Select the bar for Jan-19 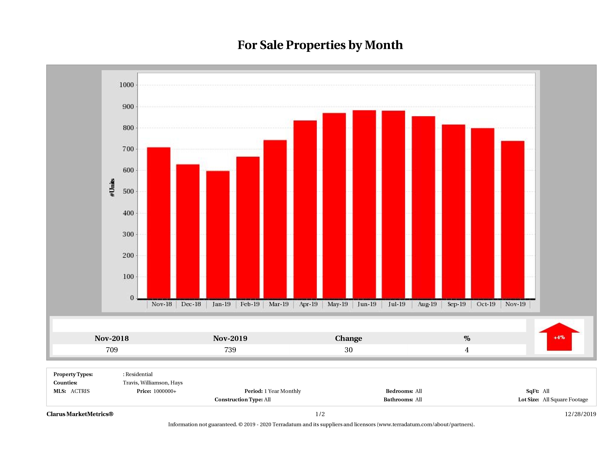coord(218,235)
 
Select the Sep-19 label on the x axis coord(456,304)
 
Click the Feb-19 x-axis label coord(250,304)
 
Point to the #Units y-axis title coord(112,187)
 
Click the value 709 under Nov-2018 coord(112,350)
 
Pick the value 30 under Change coord(349,350)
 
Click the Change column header coord(349,338)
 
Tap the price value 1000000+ coord(165,391)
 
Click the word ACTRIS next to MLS coord(80,391)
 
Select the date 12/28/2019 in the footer coord(580,414)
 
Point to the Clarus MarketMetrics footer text coord(80,414)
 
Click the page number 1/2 coord(320,414)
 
